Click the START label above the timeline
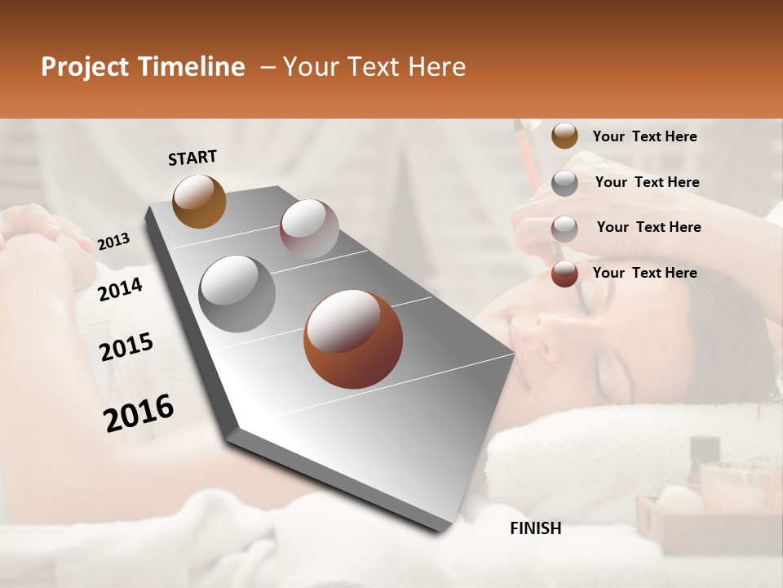(192, 158)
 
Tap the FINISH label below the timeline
(536, 528)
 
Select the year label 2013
(113, 242)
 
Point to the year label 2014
(121, 289)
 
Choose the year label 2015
(126, 347)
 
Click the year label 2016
(139, 413)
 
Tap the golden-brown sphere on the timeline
(199, 201)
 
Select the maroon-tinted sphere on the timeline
(309, 229)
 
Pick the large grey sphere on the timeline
(237, 293)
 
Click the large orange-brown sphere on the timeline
(353, 339)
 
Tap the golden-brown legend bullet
(564, 136)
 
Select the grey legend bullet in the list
(564, 183)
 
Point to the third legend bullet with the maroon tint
(564, 228)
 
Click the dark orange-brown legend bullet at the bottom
(564, 274)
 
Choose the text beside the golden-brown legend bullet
(644, 136)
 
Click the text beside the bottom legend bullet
(644, 273)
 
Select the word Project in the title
(86, 67)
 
